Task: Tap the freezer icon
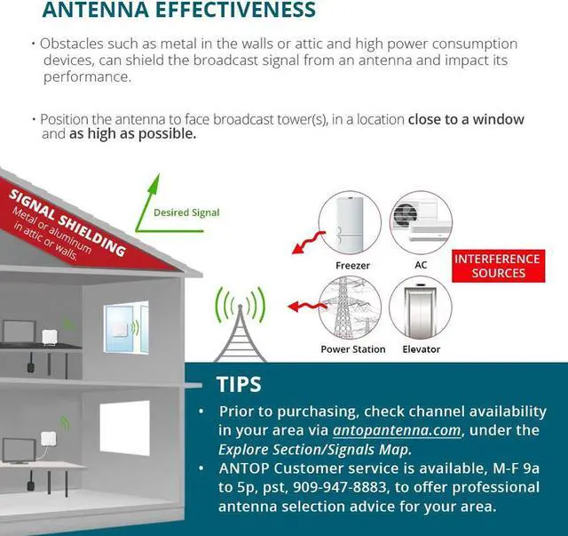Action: pos(351,223)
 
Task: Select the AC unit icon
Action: pos(421,223)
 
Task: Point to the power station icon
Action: pos(351,308)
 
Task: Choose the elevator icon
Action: pos(421,308)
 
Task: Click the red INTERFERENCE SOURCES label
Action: pos(498,266)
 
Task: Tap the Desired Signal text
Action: pos(186,212)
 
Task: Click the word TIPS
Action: pos(239,385)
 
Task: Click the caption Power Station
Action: pos(352,349)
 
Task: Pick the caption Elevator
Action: pos(421,349)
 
